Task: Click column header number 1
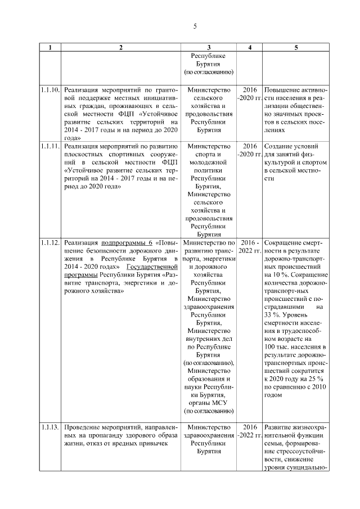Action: [51, 48]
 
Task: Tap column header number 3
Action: [209, 48]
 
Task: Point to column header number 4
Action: [250, 48]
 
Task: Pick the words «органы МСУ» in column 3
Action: [209, 403]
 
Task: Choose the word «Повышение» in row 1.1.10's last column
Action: [283, 90]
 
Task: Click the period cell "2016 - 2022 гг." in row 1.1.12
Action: [250, 246]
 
